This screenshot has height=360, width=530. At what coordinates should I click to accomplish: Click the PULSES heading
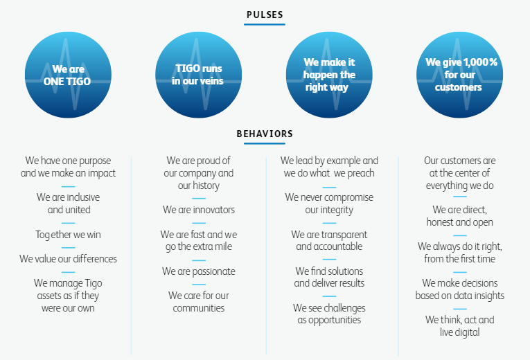[x=265, y=15]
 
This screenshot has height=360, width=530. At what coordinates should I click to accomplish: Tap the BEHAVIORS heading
[x=265, y=134]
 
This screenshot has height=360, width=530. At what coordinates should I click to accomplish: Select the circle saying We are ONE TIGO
[x=69, y=75]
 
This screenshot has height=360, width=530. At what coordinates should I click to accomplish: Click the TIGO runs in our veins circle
[x=198, y=75]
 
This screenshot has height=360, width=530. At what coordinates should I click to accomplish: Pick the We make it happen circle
[x=329, y=75]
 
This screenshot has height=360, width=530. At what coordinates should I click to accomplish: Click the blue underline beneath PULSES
[x=265, y=24]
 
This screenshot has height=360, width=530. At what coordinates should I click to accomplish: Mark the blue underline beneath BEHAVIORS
[x=265, y=143]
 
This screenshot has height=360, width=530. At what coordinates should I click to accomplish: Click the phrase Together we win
[x=69, y=235]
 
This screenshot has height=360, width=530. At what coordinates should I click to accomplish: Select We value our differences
[x=69, y=259]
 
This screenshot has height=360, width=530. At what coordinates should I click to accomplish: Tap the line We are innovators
[x=199, y=210]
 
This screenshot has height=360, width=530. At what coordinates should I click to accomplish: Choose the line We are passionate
[x=199, y=271]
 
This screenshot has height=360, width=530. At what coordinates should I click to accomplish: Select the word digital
[x=467, y=332]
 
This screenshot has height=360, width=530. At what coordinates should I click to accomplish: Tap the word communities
[x=199, y=308]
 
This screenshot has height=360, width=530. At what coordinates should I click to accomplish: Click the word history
[x=206, y=186]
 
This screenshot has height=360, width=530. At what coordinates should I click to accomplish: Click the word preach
[x=361, y=174]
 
